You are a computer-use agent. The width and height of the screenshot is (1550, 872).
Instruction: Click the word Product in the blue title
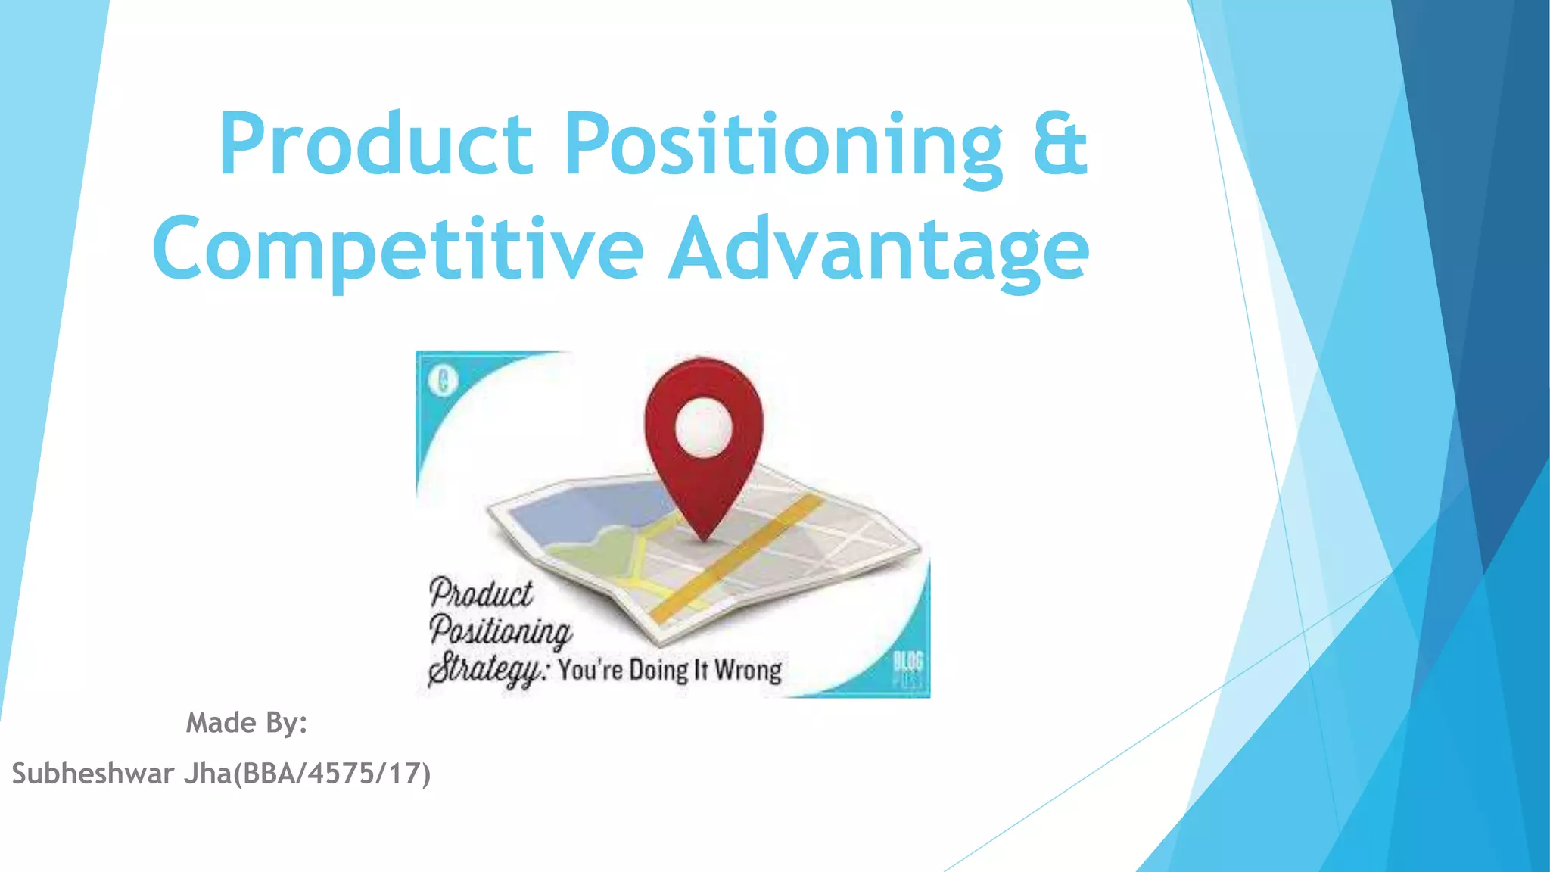376,144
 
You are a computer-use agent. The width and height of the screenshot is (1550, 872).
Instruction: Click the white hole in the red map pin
704,428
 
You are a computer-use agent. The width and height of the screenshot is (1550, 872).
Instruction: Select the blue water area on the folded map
583,511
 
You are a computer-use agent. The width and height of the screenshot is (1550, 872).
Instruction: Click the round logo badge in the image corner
444,381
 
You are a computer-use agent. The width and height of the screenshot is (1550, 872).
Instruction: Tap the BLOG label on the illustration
907,661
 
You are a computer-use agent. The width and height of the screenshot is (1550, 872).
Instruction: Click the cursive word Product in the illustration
481,593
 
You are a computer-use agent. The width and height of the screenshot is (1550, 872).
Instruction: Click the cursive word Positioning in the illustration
500,631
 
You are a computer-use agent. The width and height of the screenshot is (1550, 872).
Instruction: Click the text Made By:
247,723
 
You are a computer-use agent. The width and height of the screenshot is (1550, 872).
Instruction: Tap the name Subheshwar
93,774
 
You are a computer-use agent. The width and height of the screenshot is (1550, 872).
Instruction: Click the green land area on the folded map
598,553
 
